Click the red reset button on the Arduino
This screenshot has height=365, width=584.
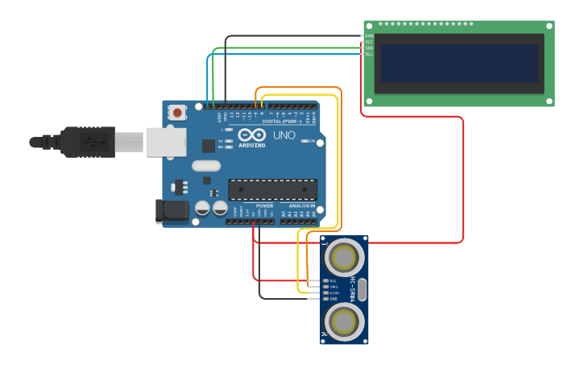click(176, 114)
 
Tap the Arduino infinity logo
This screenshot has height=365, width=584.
click(251, 135)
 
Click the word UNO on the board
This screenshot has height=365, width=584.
click(284, 135)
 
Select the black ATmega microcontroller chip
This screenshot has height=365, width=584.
click(272, 189)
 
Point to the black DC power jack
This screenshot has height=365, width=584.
click(172, 211)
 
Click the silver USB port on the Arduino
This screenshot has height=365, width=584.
click(165, 142)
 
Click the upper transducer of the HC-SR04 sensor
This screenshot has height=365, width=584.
click(344, 258)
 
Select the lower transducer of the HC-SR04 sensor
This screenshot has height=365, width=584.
click(344, 320)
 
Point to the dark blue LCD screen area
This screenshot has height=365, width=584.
click(458, 64)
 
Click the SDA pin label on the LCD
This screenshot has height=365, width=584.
click(369, 48)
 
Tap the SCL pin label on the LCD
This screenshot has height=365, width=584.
click(369, 54)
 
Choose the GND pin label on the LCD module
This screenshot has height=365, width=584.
click(369, 35)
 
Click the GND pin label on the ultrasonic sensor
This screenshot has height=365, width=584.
click(333, 299)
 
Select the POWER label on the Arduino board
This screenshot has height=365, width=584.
click(264, 205)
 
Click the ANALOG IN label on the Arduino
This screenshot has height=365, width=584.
click(301, 205)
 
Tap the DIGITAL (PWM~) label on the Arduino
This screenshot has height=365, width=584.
click(282, 122)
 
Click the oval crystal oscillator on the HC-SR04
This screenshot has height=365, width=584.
click(361, 288)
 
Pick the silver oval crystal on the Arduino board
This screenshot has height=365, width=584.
click(205, 165)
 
